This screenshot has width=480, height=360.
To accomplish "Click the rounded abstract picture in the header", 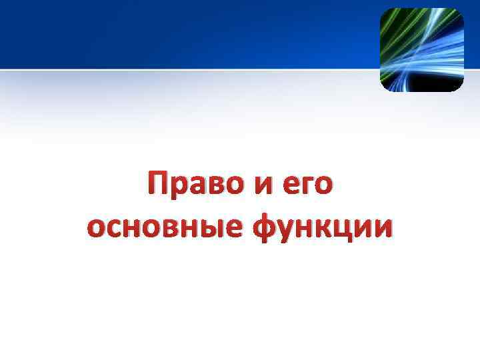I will click(421, 50).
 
